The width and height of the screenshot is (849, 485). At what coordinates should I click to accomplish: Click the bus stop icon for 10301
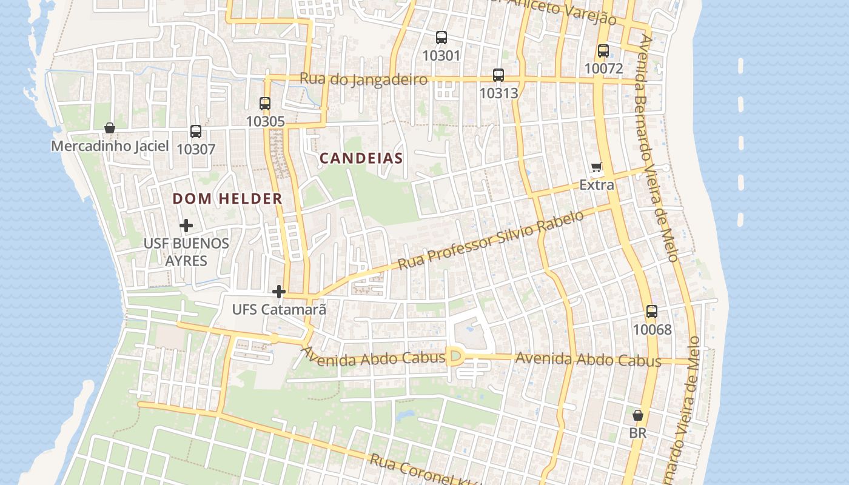pyautogui.click(x=441, y=38)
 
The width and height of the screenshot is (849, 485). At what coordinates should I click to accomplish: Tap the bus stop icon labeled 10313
pyautogui.click(x=498, y=75)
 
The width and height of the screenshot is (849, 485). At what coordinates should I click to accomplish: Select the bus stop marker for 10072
pyautogui.click(x=603, y=51)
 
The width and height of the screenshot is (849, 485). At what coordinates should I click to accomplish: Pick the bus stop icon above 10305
pyautogui.click(x=265, y=104)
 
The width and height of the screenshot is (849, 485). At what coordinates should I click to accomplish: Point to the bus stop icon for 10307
pyautogui.click(x=196, y=132)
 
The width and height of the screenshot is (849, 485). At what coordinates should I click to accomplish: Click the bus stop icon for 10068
pyautogui.click(x=652, y=312)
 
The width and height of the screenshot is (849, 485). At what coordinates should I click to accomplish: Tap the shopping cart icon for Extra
pyautogui.click(x=597, y=167)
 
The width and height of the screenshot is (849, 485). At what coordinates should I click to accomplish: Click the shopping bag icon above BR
pyautogui.click(x=638, y=415)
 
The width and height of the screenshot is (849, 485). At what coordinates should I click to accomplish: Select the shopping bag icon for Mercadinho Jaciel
pyautogui.click(x=110, y=128)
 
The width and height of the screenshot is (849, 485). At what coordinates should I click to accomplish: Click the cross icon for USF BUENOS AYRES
pyautogui.click(x=186, y=226)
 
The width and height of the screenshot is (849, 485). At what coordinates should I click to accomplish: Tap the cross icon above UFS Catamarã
pyautogui.click(x=279, y=292)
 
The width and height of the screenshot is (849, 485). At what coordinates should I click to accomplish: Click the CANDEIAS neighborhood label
pyautogui.click(x=361, y=159)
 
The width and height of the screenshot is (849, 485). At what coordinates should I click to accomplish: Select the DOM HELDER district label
pyautogui.click(x=227, y=199)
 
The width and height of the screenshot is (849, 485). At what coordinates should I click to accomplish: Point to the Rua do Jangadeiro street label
pyautogui.click(x=364, y=79)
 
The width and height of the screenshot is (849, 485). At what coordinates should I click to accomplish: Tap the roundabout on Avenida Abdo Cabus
pyautogui.click(x=455, y=356)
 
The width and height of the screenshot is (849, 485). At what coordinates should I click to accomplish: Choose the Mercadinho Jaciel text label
pyautogui.click(x=110, y=146)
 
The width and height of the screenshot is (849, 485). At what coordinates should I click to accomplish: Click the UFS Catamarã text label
pyautogui.click(x=279, y=310)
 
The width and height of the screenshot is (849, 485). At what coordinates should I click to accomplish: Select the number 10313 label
pyautogui.click(x=498, y=93)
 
